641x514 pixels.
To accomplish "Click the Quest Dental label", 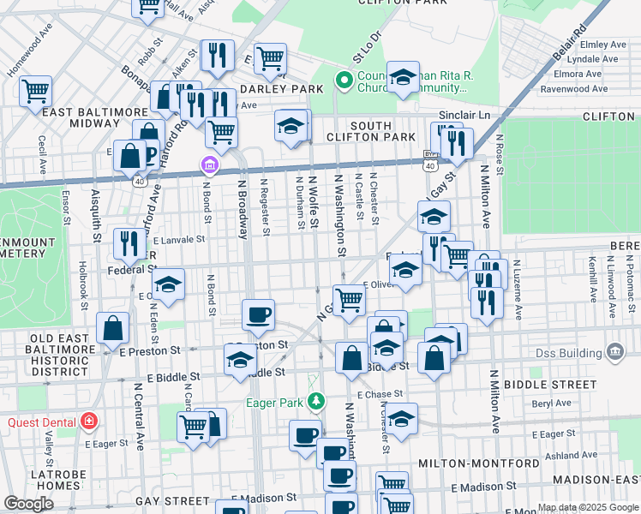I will click(41, 421).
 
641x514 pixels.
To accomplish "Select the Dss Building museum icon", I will click(614, 351).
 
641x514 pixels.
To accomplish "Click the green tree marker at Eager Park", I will click(316, 400).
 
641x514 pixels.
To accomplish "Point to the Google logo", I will click(28, 504).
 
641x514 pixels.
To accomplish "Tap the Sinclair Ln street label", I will click(464, 114).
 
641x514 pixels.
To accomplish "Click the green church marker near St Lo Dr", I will click(344, 82).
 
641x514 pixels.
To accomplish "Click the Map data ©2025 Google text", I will click(588, 507).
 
